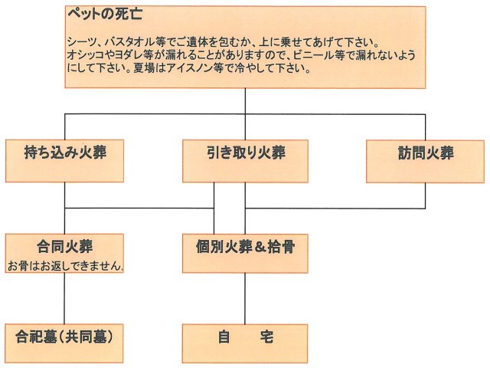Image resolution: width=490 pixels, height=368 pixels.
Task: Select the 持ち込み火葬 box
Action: [x=65, y=153]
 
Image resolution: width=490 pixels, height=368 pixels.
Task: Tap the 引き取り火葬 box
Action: [x=245, y=153]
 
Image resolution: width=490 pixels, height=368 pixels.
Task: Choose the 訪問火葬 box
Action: [x=425, y=153]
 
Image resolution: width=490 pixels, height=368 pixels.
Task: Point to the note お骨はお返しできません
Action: [x=66, y=266]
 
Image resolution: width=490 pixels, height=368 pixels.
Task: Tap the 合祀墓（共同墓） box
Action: [x=65, y=337]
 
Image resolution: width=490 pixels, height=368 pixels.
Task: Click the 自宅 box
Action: [x=245, y=337]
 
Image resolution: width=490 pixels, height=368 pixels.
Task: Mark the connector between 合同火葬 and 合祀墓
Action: [x=64, y=300]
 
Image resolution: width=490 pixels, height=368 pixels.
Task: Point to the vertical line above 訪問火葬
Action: [x=425, y=127]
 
